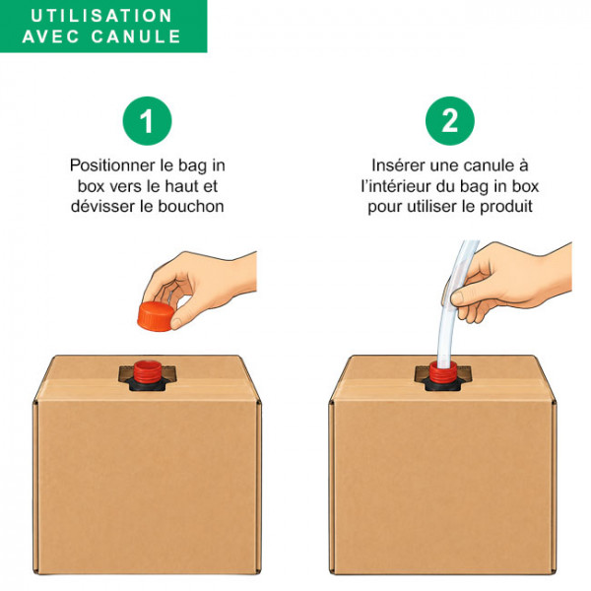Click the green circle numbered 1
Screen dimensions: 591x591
click(147, 120)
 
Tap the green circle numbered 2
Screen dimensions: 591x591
click(450, 120)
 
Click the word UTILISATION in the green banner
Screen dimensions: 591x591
click(101, 16)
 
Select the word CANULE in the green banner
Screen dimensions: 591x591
click(136, 36)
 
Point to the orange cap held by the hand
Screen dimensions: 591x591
click(156, 316)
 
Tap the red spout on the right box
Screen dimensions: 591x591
click(443, 371)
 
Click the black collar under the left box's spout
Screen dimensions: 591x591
click(147, 384)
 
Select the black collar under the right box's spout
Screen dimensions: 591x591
click(442, 385)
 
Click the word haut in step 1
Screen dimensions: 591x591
click(182, 186)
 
